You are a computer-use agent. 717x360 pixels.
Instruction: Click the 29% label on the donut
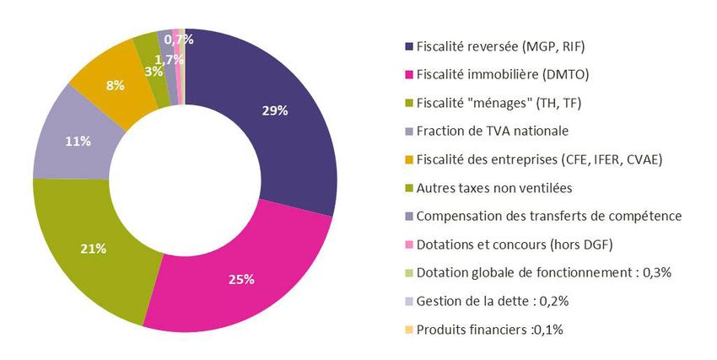click(275, 110)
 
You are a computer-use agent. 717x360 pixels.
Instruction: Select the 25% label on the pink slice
click(241, 279)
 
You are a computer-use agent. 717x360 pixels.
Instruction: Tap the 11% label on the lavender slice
click(78, 141)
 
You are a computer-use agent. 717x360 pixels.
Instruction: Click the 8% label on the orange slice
click(116, 85)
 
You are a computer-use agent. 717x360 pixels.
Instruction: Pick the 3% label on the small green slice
click(154, 72)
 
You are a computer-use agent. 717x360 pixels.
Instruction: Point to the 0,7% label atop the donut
click(179, 39)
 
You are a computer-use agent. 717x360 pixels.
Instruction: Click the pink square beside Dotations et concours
click(409, 244)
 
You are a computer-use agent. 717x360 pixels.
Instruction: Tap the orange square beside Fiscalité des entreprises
click(409, 159)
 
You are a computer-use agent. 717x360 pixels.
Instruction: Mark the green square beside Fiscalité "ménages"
click(409, 103)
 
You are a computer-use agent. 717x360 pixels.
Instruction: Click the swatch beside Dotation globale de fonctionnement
click(409, 272)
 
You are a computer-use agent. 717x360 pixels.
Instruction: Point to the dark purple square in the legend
click(409, 46)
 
